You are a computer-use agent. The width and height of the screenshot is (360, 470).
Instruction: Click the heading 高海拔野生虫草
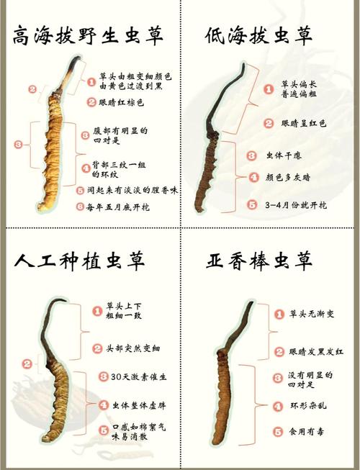point(88,35)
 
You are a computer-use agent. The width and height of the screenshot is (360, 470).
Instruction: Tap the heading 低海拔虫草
point(259,36)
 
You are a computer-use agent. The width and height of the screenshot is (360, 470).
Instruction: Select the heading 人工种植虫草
point(80,260)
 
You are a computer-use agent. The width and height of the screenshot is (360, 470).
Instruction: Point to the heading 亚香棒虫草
point(260,260)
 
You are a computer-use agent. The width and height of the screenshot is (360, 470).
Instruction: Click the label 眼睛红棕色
point(122,102)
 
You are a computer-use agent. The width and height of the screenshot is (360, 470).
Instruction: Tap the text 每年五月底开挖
point(117,207)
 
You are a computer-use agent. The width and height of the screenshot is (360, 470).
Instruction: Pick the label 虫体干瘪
point(284,155)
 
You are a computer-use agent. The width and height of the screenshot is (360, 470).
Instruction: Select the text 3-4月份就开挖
point(296,205)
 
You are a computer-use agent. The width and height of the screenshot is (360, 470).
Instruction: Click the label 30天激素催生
point(138,376)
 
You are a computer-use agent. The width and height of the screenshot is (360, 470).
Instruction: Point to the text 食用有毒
point(306,432)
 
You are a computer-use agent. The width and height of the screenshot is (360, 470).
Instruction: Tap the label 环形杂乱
point(308,406)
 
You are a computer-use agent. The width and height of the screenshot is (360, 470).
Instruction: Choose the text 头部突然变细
point(132,348)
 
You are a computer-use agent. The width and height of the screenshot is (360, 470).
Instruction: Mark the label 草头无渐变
point(312,314)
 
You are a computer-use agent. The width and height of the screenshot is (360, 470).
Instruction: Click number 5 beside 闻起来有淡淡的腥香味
point(80,190)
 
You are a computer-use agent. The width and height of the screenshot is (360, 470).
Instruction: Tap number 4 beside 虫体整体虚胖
point(104,405)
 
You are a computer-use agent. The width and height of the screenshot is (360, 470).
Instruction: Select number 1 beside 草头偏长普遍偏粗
point(269,89)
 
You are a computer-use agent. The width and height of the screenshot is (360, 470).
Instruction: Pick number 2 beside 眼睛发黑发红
point(279,351)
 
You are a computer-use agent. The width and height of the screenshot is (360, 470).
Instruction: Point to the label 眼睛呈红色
point(304,123)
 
